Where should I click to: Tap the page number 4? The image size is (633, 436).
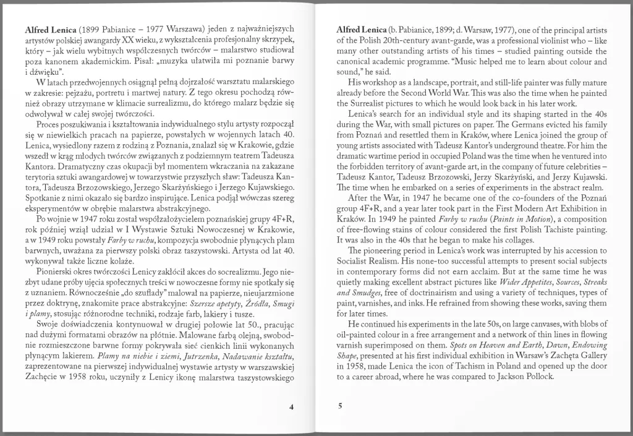coord(291,406)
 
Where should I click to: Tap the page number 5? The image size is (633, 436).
coord(340,406)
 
